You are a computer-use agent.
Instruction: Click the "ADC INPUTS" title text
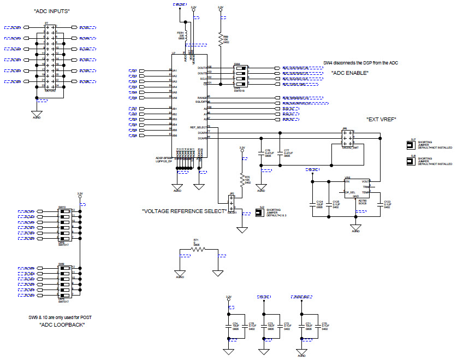pos(52,11)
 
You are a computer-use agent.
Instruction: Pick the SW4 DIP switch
pos(240,76)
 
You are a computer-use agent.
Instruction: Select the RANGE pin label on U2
pos(201,97)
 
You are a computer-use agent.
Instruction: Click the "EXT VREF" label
pos(381,120)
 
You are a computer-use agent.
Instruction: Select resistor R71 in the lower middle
pos(195,249)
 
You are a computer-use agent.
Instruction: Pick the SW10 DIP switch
pos(65,225)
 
